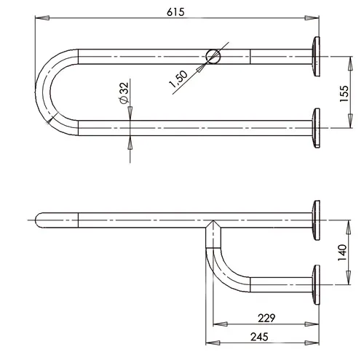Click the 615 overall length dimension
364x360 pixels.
point(175,12)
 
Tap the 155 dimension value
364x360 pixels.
point(344,94)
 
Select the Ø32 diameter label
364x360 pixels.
point(124,93)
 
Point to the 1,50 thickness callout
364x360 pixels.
point(178,79)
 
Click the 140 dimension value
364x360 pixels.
point(342,252)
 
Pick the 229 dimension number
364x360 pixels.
point(266,318)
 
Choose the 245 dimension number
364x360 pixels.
point(259,337)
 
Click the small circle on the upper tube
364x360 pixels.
point(213,57)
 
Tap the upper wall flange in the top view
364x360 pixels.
point(316,57)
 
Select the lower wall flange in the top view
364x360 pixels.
point(316,128)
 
